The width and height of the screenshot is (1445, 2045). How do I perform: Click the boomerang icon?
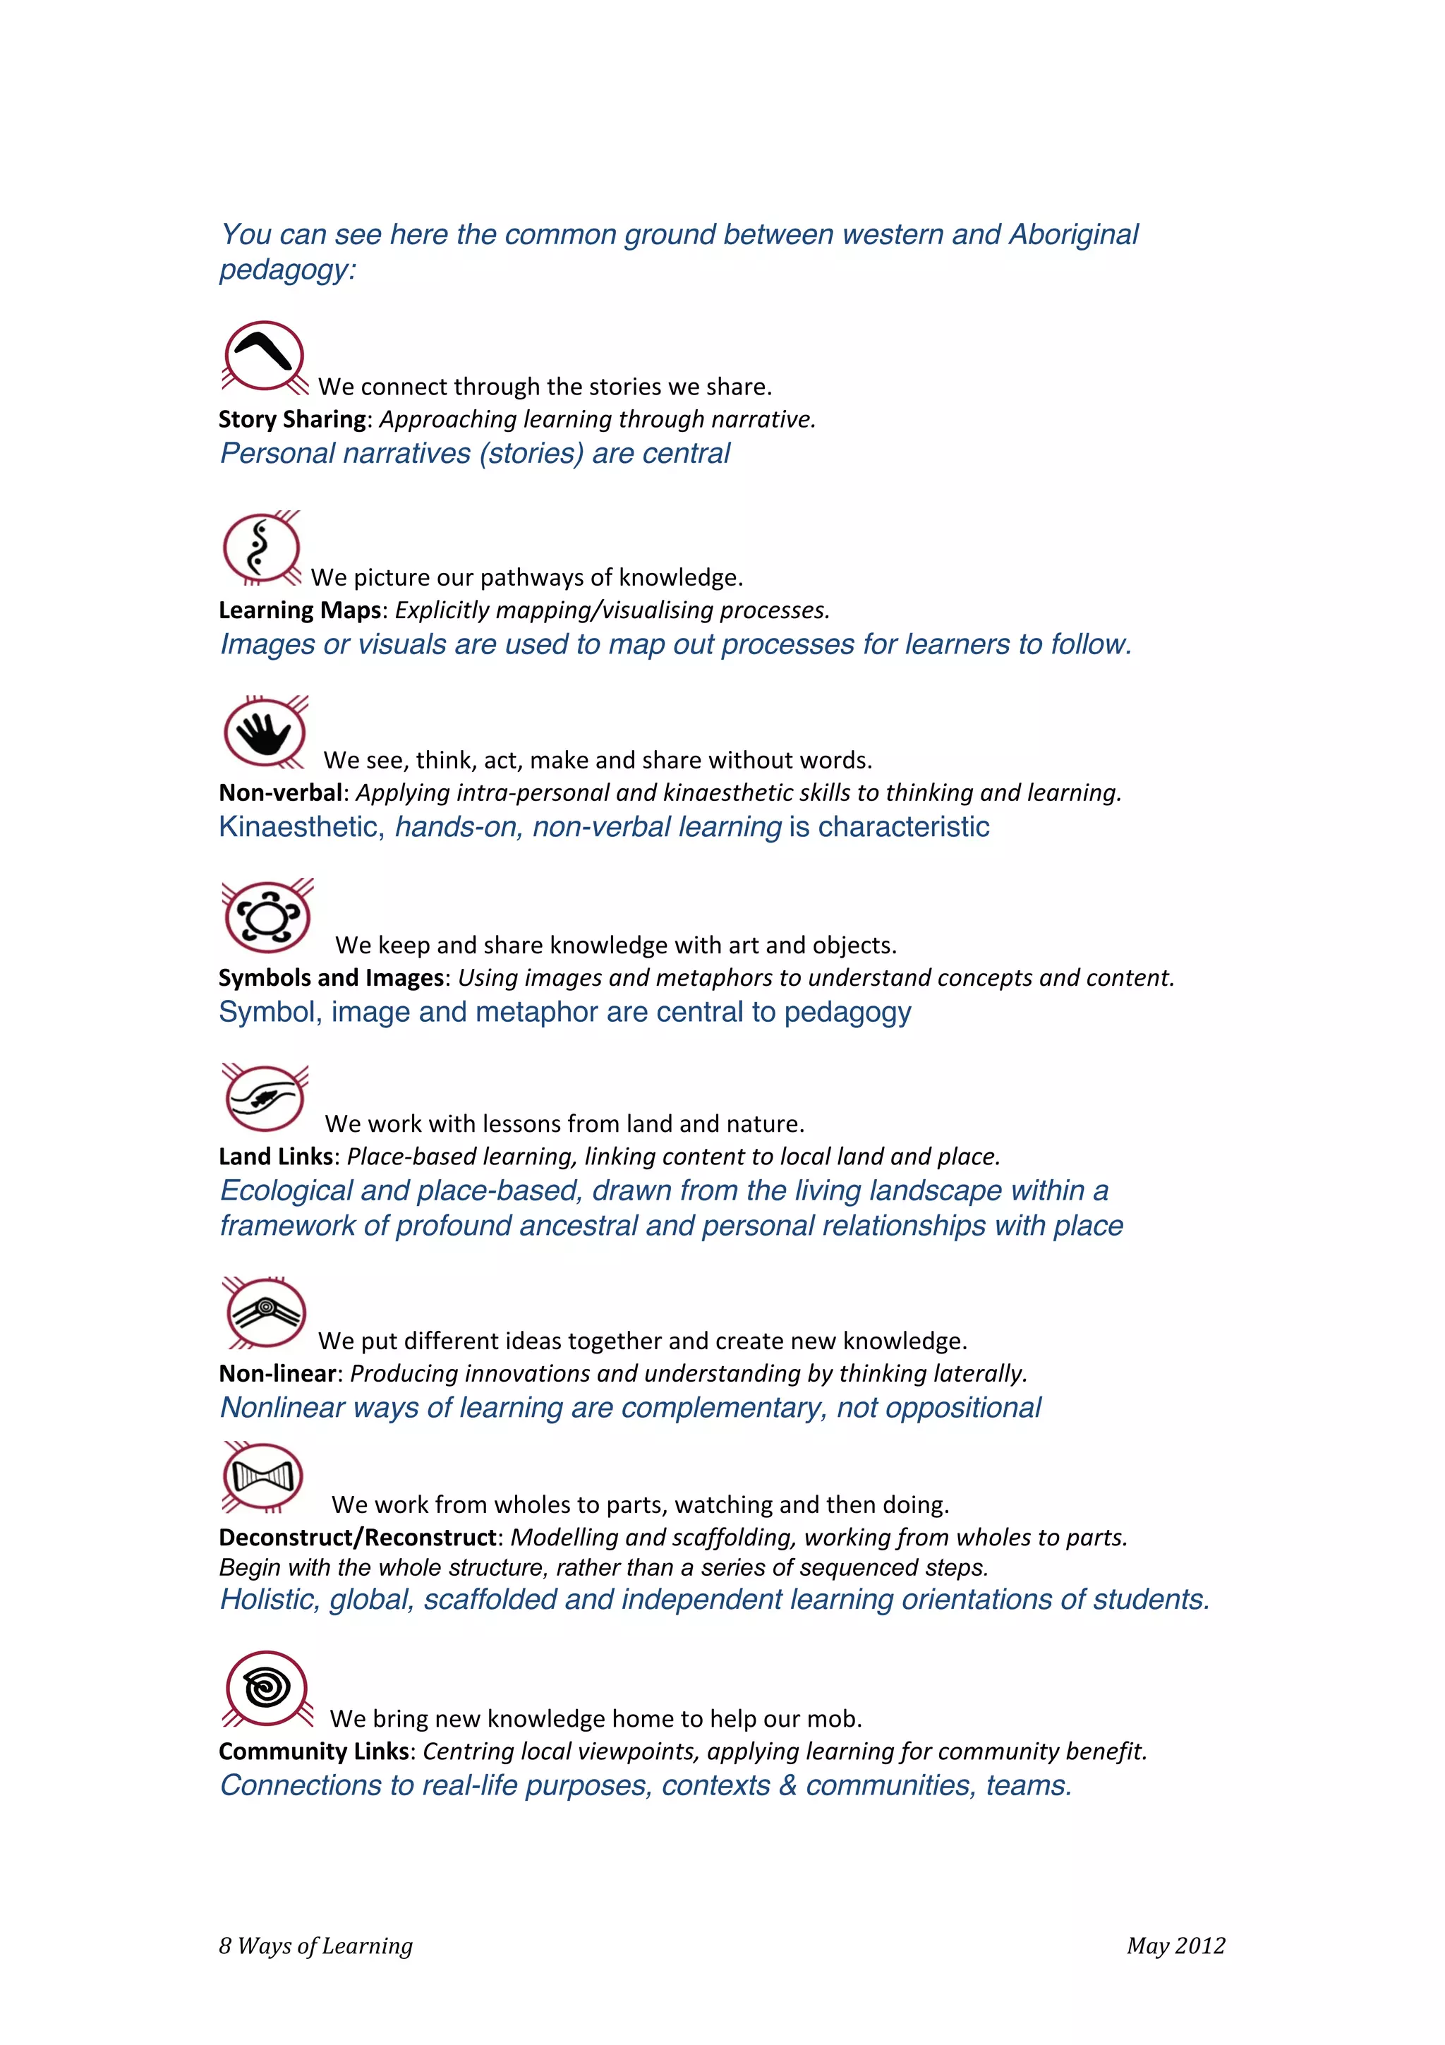(x=264, y=356)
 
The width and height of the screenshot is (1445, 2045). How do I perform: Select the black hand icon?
(x=265, y=732)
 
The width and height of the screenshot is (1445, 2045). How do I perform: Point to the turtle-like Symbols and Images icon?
(x=267, y=917)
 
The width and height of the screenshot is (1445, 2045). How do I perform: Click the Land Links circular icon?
(x=265, y=1097)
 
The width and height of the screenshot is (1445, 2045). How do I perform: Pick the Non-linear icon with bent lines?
(x=265, y=1312)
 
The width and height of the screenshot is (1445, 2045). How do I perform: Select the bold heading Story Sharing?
(x=292, y=419)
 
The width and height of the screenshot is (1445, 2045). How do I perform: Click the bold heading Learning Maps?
(x=300, y=610)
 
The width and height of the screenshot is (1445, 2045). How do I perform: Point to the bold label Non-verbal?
(x=280, y=792)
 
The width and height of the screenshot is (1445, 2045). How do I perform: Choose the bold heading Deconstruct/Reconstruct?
(x=358, y=1538)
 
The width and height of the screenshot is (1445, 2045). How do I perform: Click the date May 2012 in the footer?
(x=1175, y=1946)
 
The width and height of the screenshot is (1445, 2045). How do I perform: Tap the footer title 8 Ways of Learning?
(x=316, y=1946)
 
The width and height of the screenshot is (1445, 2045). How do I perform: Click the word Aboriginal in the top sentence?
(x=1073, y=234)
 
